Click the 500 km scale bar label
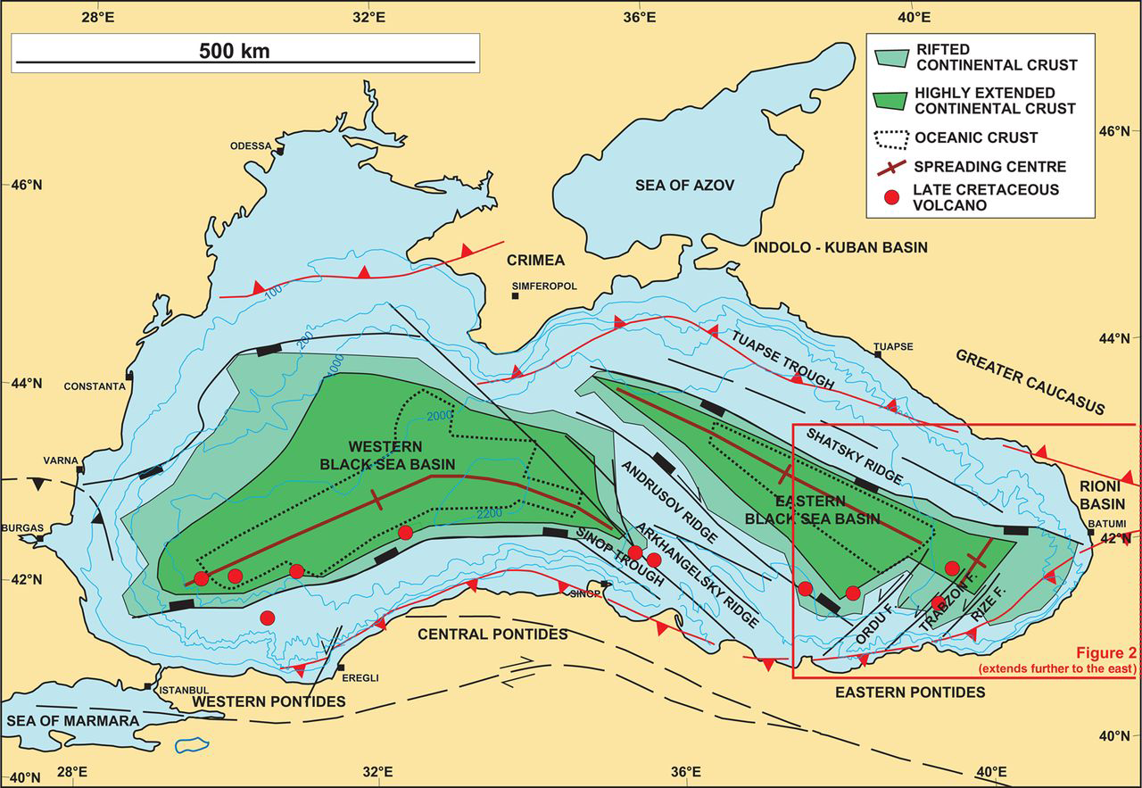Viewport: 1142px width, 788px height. pos(234,51)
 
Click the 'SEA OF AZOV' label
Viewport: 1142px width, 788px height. pos(684,186)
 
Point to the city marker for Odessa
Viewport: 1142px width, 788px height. pos(279,152)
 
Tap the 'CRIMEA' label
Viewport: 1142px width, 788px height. pos(535,261)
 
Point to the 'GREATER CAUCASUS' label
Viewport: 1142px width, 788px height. pos(1030,382)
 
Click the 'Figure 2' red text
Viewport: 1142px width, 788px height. pos(1096,652)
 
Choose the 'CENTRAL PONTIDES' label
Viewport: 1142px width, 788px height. pos(492,635)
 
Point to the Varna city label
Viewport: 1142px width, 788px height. pos(60,461)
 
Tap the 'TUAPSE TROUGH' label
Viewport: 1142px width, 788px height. pos(782,358)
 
